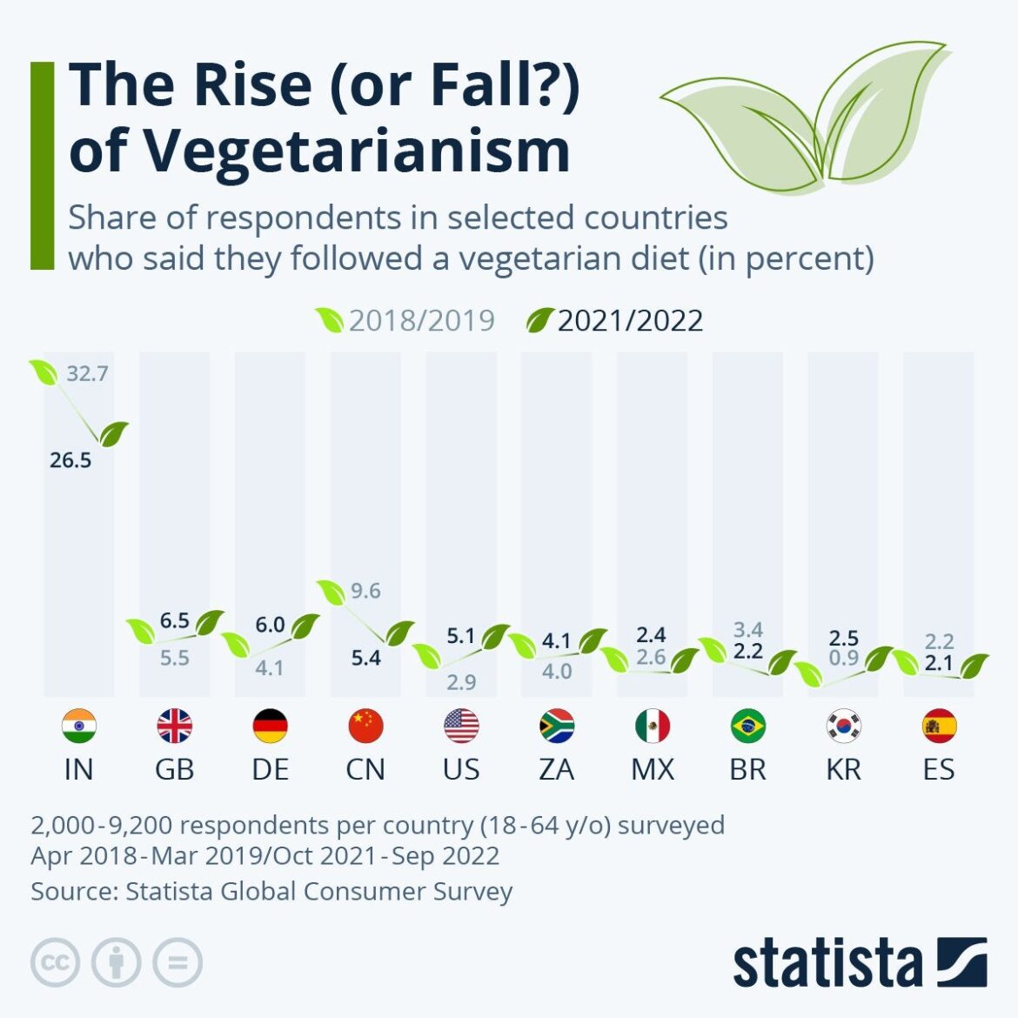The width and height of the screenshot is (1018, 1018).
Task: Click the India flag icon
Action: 78,726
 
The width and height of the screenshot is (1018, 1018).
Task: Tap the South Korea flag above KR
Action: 843,726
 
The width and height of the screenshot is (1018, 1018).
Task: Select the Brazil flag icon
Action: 747,726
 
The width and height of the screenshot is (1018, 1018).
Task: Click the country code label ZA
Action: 556,769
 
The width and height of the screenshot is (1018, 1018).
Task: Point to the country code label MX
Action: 652,769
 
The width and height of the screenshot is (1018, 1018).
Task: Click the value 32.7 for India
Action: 87,374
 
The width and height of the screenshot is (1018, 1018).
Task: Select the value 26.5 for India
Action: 70,460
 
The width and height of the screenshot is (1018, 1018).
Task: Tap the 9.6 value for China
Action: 365,592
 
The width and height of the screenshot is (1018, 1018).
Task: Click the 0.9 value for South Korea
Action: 843,658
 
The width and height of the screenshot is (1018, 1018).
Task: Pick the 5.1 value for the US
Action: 461,637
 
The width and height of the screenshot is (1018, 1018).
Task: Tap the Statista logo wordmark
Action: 827,964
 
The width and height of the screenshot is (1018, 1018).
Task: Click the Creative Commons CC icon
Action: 55,963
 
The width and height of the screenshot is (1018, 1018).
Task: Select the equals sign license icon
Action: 177,963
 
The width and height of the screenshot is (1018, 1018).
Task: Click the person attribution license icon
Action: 116,963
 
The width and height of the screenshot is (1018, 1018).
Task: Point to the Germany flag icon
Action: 270,726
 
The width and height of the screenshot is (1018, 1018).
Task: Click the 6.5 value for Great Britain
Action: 174,621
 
